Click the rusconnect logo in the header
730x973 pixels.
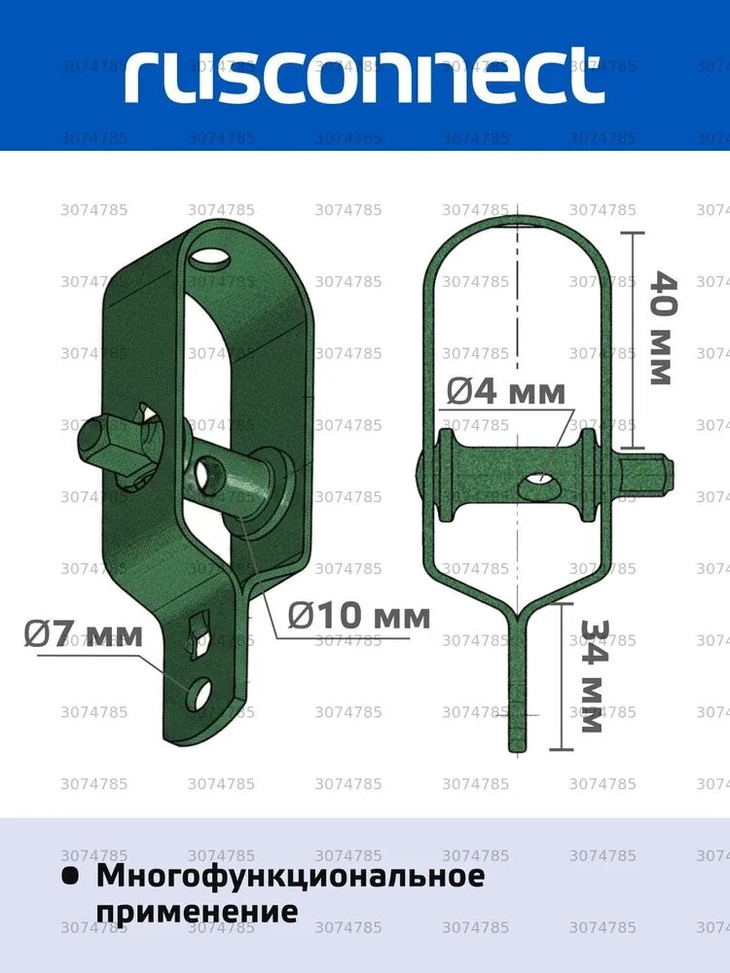(364, 75)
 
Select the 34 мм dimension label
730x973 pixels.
(592, 676)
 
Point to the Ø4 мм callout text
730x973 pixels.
(506, 392)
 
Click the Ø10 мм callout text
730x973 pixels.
(359, 615)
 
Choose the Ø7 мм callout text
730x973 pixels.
(84, 634)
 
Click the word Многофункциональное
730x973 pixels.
(290, 877)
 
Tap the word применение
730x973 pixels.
(198, 912)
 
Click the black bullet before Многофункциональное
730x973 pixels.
(70, 877)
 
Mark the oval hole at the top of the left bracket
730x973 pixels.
(208, 257)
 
